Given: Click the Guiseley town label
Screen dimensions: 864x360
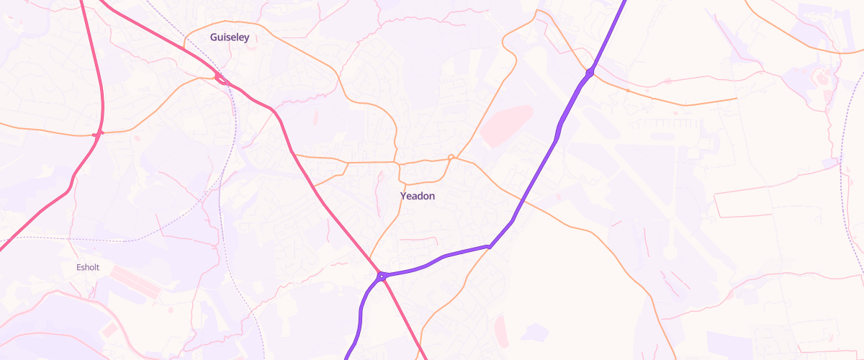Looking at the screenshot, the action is coord(230,37).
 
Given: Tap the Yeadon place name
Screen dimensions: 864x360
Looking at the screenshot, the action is coord(418,196).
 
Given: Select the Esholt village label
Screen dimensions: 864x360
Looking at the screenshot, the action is coord(88,268).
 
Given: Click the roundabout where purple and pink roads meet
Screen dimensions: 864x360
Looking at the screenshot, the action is coord(380,275).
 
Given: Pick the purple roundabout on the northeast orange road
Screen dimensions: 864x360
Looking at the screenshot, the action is coord(590,72).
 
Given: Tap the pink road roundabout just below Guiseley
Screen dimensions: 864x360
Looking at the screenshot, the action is coord(220,78).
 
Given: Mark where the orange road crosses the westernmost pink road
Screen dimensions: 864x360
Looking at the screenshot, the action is coord(99,133).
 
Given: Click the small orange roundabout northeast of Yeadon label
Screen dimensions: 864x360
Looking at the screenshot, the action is coord(451,157).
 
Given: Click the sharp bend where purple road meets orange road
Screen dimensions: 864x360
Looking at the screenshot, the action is coord(490,246).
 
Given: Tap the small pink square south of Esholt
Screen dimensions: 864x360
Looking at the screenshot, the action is coord(110,330).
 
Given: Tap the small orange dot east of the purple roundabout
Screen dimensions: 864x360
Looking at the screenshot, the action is coord(627,91).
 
